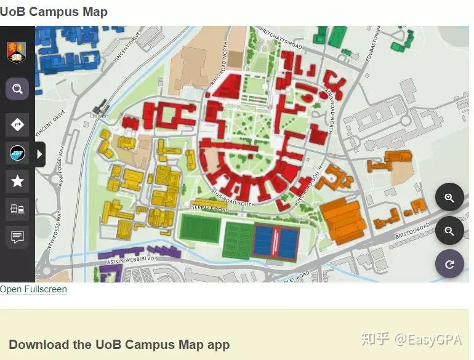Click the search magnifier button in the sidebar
(x=17, y=89)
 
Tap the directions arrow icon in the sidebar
(x=17, y=125)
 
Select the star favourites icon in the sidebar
(x=17, y=181)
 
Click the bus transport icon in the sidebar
(x=17, y=209)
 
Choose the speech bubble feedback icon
(x=17, y=237)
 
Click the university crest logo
(x=17, y=52)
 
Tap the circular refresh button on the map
(x=449, y=264)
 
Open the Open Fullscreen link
(x=33, y=289)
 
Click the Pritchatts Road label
(x=281, y=38)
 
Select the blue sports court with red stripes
(x=275, y=242)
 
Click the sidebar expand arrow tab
(x=40, y=154)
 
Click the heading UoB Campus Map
(x=54, y=12)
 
